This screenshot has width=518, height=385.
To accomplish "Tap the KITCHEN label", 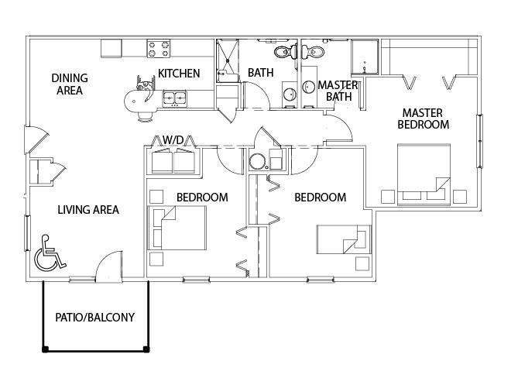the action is click(x=179, y=74).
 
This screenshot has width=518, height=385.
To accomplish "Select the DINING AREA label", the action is click(x=70, y=84).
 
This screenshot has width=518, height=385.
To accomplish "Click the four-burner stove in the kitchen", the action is click(x=159, y=49).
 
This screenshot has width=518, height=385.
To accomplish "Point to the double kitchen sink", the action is click(x=174, y=98).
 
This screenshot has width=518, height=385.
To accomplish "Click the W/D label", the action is click(x=173, y=139).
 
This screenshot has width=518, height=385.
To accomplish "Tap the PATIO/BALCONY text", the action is click(x=94, y=318).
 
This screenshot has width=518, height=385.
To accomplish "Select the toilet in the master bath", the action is click(x=313, y=52).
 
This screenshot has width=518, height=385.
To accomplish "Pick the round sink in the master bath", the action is click(x=309, y=87).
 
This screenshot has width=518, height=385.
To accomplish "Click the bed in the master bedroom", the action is click(x=424, y=174).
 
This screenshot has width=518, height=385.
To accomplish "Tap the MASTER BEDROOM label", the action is click(x=423, y=119).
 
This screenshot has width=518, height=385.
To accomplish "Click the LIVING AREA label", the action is click(x=88, y=210).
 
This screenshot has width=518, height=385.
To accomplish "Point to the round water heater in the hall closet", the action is click(x=256, y=162).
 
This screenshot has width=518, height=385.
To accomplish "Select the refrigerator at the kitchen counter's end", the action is click(x=111, y=49).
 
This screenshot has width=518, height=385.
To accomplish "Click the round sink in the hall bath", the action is click(x=290, y=95).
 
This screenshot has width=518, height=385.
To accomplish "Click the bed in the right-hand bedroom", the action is click(x=344, y=239).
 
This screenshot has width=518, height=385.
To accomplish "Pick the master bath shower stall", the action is click(x=365, y=57).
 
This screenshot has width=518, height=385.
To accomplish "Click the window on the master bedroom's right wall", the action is click(x=479, y=141).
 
